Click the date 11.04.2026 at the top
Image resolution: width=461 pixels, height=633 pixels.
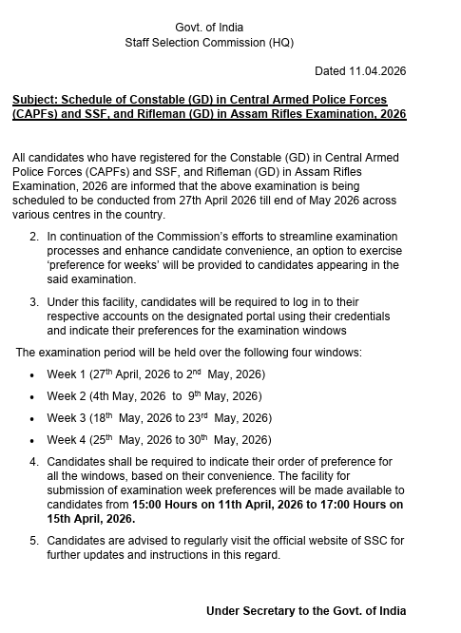pyautogui.click(x=378, y=71)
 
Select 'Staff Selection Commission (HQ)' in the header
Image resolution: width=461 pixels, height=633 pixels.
pyautogui.click(x=209, y=44)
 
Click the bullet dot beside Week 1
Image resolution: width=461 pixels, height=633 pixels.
pyautogui.click(x=32, y=375)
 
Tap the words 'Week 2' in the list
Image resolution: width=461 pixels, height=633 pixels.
pyautogui.click(x=67, y=396)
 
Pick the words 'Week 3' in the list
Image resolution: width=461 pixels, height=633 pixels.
pyautogui.click(x=67, y=418)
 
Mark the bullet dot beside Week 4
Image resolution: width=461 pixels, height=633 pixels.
pyautogui.click(x=32, y=442)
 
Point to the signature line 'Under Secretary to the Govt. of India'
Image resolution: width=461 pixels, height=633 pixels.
pyautogui.click(x=306, y=611)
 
